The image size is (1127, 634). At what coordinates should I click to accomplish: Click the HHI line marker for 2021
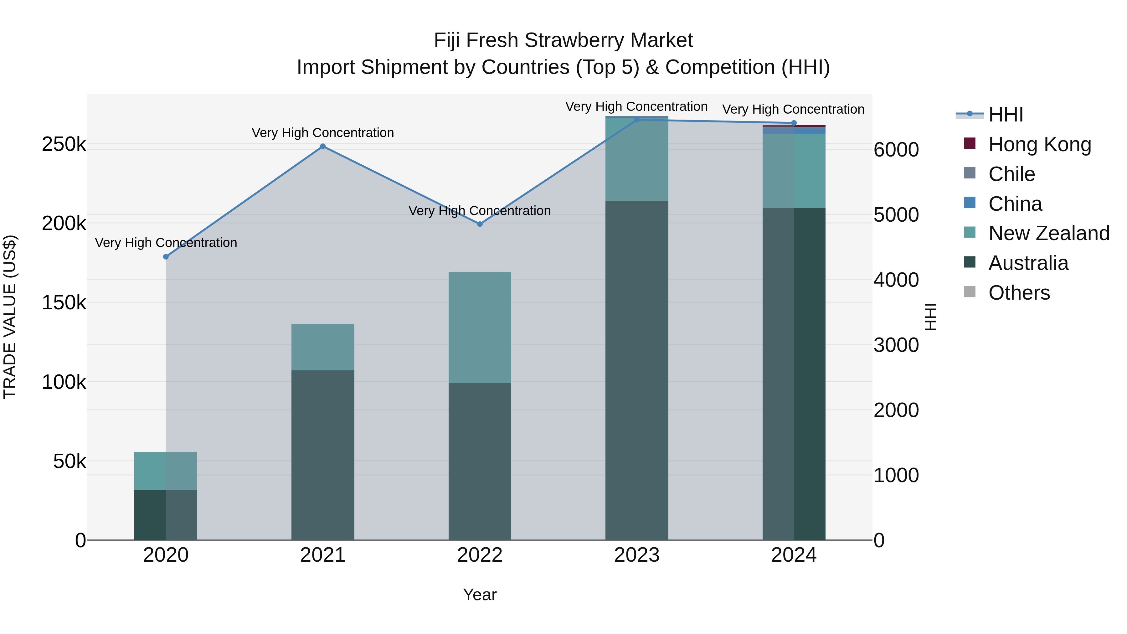pos(323,146)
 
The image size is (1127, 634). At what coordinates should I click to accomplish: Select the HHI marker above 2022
pos(480,224)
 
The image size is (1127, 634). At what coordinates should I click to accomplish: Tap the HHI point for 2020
pos(166,257)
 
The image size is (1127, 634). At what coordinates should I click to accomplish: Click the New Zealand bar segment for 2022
pos(480,327)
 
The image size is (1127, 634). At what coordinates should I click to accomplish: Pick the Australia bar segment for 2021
pos(323,455)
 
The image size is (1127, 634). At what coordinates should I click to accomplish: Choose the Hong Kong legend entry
pos(1039,144)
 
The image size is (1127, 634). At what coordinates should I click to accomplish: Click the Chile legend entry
pos(1011,174)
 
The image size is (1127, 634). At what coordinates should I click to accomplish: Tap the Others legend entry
pos(1019,293)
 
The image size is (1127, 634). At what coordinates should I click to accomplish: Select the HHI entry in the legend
pos(1005,115)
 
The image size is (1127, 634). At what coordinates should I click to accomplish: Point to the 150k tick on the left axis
pos(64,303)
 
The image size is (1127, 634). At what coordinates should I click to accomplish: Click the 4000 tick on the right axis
pos(896,280)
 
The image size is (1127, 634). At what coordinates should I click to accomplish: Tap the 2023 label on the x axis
pos(636,555)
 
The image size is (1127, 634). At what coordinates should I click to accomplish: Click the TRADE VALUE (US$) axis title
pos(10,317)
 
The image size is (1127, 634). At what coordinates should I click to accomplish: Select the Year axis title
pos(480,595)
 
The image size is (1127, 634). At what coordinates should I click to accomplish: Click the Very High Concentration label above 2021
pos(323,132)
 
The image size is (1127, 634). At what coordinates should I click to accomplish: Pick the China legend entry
pos(1015,204)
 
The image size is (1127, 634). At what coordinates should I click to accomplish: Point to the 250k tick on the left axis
pos(64,144)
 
